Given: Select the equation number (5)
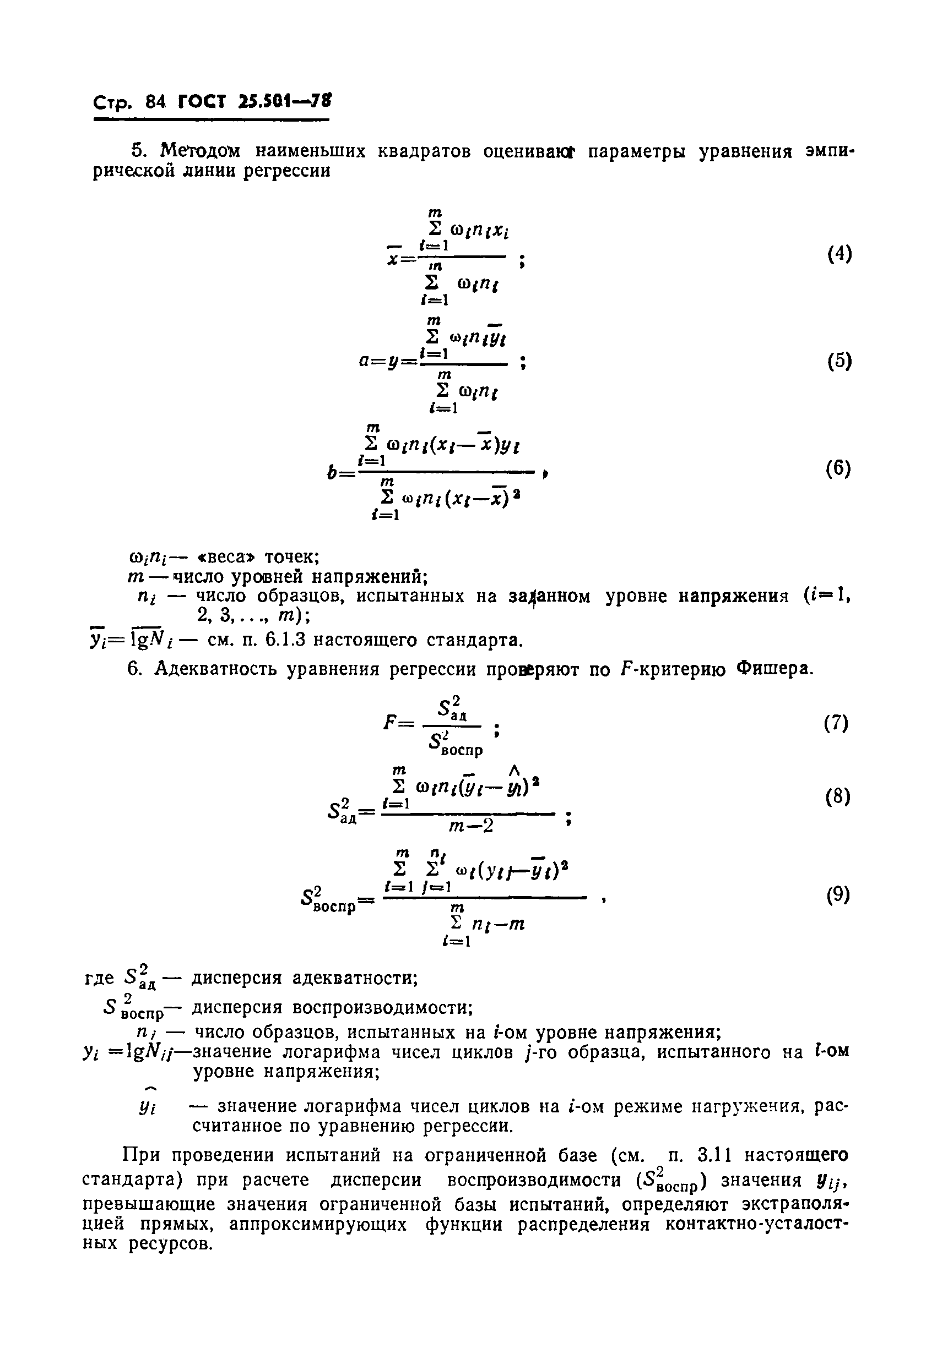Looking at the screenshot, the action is click(x=839, y=361).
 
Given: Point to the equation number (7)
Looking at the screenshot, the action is click(x=836, y=723).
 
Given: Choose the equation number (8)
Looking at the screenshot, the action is click(x=838, y=797).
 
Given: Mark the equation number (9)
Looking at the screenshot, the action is click(x=838, y=894).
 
